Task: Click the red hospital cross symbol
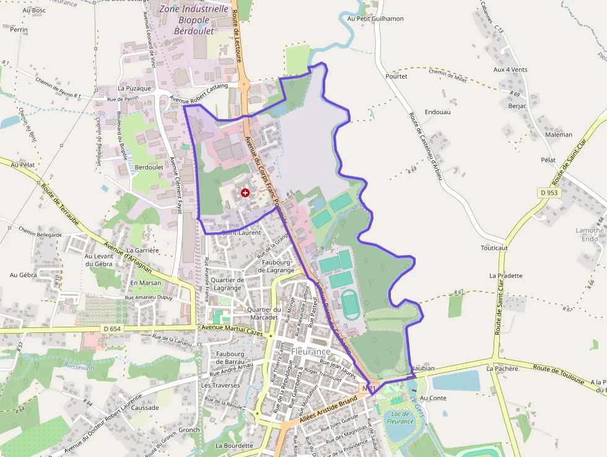(x=245, y=193)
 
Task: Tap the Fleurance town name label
(x=311, y=352)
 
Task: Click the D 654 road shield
(x=112, y=329)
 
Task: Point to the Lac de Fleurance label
(x=400, y=417)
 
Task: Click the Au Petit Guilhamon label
(x=375, y=19)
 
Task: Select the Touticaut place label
(x=494, y=247)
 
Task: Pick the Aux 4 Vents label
(x=510, y=69)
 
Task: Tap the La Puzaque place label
(x=134, y=88)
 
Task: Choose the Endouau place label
(x=438, y=112)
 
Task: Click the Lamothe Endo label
(x=590, y=234)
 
